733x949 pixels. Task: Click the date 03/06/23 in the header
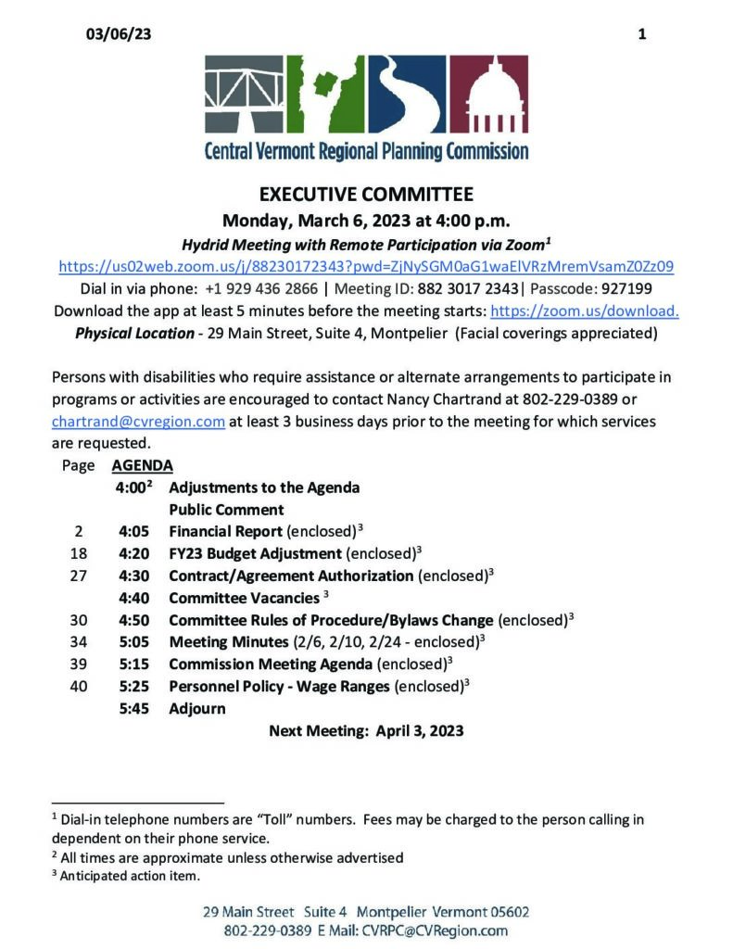click(x=118, y=34)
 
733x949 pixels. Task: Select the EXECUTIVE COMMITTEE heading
click(x=366, y=195)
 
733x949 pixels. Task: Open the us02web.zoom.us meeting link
click(x=366, y=266)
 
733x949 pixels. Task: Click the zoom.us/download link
click(x=584, y=310)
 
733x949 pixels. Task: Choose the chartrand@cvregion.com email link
click(x=139, y=422)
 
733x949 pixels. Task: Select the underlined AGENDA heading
click(x=142, y=466)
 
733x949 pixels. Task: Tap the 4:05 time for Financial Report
click(x=134, y=532)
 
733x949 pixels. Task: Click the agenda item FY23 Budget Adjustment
click(x=255, y=554)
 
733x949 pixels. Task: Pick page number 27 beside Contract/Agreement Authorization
click(x=78, y=576)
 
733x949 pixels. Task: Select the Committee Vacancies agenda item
click(x=244, y=599)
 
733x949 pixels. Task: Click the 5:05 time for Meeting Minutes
click(x=134, y=642)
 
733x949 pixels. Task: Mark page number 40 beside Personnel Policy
click(x=78, y=687)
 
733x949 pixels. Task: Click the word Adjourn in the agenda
click(x=196, y=709)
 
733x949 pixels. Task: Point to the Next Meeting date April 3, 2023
click(x=420, y=731)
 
